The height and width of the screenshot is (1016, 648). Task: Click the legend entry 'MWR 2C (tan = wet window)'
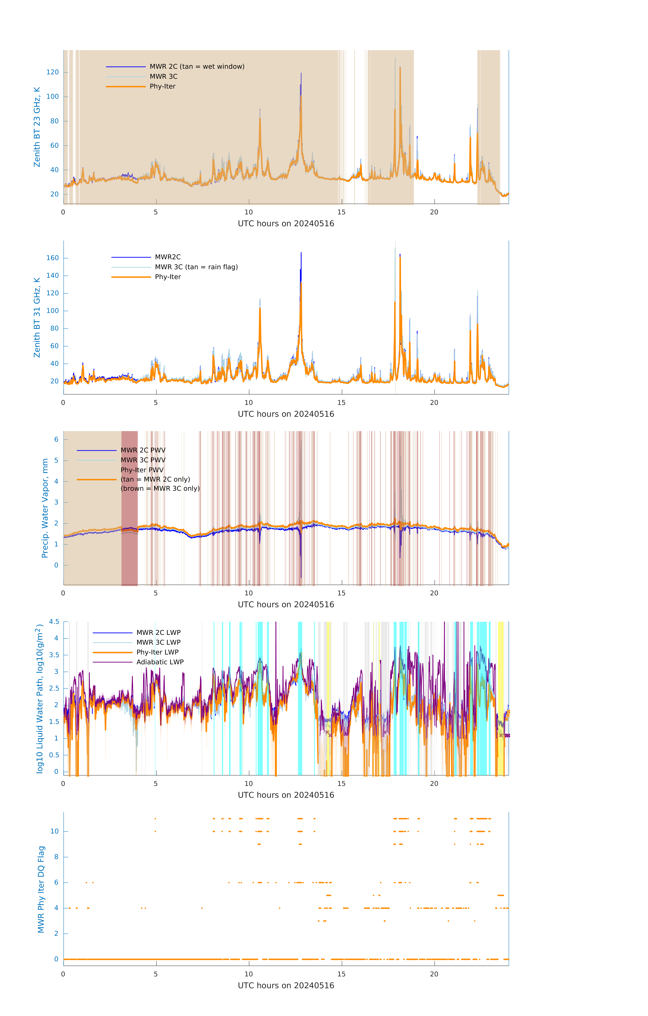[x=197, y=67]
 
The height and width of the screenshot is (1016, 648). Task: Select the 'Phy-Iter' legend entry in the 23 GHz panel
[x=162, y=87]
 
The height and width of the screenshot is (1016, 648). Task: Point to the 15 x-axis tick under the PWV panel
[x=341, y=593]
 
